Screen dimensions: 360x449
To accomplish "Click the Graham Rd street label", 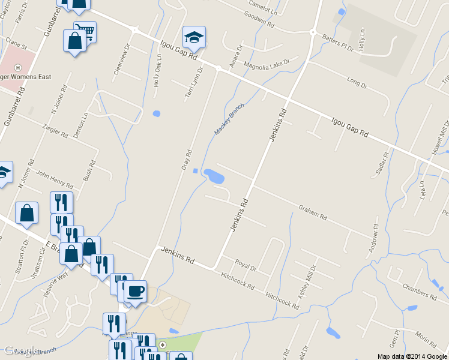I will click(313, 212).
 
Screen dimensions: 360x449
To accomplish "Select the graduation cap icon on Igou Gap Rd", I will click(194, 37).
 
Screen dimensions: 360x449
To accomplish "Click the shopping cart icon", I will click(85, 31).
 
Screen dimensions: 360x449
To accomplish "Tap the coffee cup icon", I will click(135, 290).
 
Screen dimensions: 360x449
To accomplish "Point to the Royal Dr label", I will click(246, 265).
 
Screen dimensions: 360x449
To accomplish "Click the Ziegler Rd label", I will click(56, 130).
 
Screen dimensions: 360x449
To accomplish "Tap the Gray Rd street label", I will click(186, 158).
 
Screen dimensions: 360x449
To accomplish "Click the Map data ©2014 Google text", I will click(412, 356).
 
